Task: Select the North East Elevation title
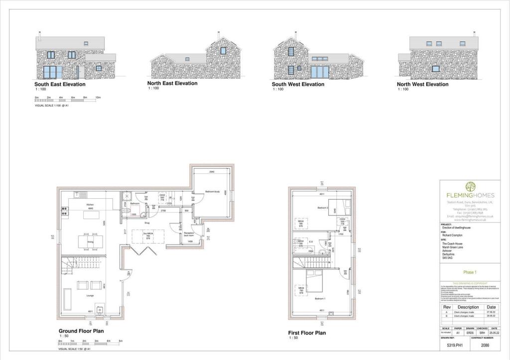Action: coord(172,83)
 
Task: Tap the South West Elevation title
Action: coord(298,84)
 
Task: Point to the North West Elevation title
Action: coord(422,84)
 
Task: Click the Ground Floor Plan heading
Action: coord(81,331)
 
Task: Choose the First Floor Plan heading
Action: coord(307,333)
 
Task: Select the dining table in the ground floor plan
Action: coord(91,241)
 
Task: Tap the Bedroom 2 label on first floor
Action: coord(323,207)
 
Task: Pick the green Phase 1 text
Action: coord(470,272)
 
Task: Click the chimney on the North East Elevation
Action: coord(218,35)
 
